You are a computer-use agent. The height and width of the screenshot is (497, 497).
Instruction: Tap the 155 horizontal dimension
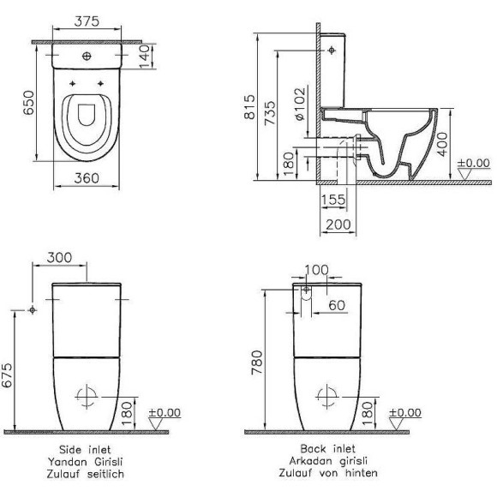coord(335,201)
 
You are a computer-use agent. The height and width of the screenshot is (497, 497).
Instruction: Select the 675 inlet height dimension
coord(9,376)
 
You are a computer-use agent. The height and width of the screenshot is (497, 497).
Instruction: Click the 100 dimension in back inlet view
coord(317,271)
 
